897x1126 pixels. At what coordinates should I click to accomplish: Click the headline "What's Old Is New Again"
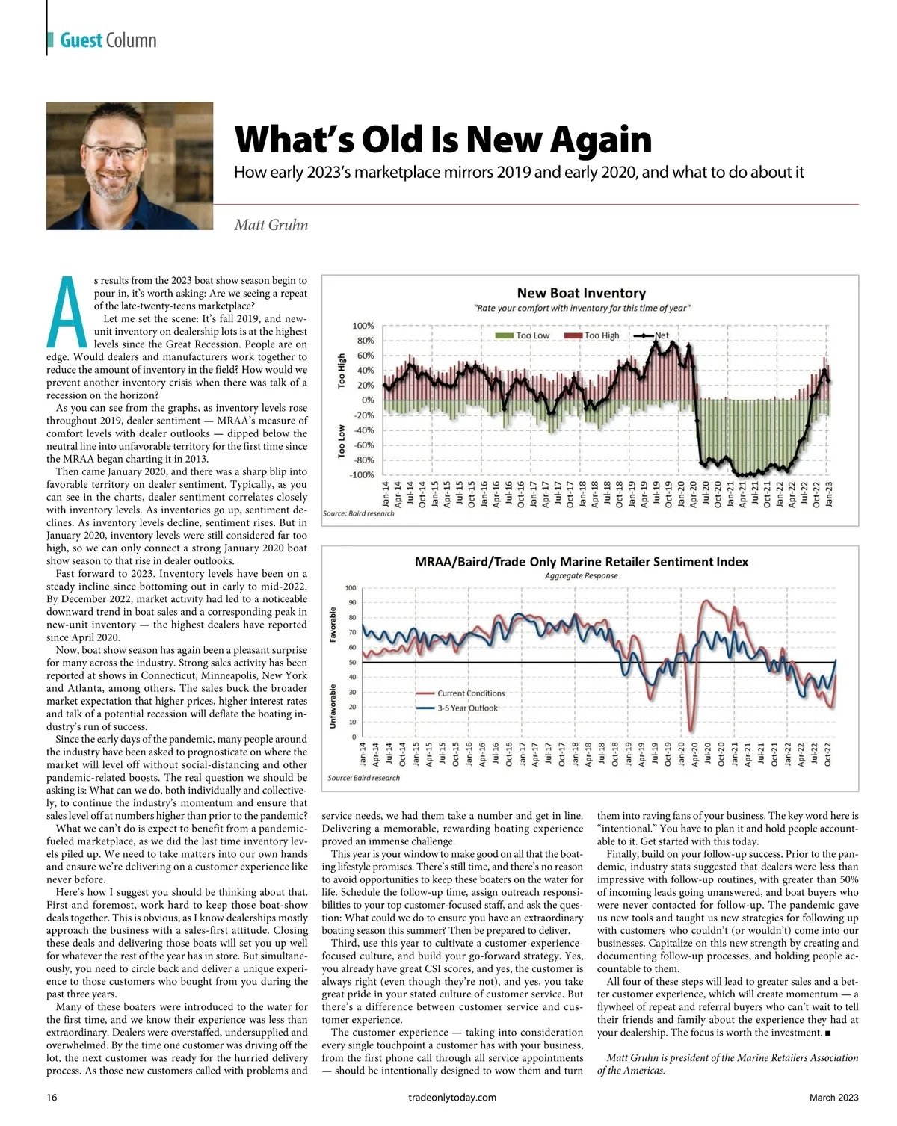443,140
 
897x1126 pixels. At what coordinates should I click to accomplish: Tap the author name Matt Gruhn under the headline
271,225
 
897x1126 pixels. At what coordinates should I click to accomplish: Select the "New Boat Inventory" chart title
581,293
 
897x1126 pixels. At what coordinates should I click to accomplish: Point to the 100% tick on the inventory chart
363,326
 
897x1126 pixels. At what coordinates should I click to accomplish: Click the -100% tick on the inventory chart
363,475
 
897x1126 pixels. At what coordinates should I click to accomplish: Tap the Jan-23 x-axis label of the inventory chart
828,494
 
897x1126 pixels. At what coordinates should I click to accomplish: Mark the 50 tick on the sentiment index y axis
351,663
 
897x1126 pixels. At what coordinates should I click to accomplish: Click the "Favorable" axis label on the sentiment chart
333,625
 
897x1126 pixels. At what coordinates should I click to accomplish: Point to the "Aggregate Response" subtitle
581,576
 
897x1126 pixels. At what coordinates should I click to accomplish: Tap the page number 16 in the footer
52,1098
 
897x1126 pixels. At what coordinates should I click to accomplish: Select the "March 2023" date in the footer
833,1098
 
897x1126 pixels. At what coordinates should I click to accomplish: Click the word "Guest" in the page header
81,40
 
